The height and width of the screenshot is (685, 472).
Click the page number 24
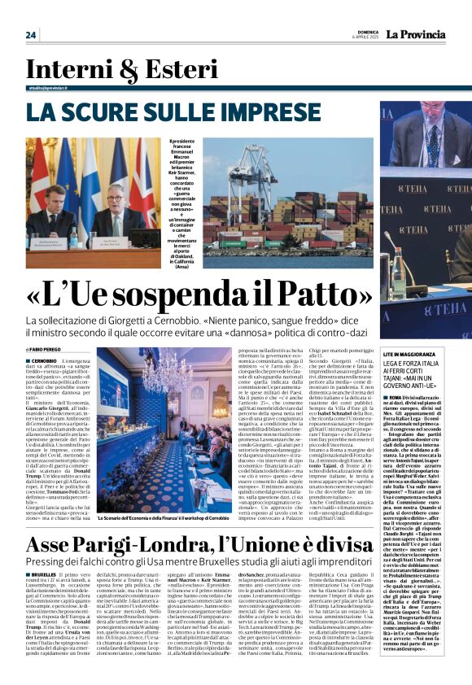(31, 35)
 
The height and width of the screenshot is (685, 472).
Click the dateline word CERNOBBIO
(46, 360)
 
